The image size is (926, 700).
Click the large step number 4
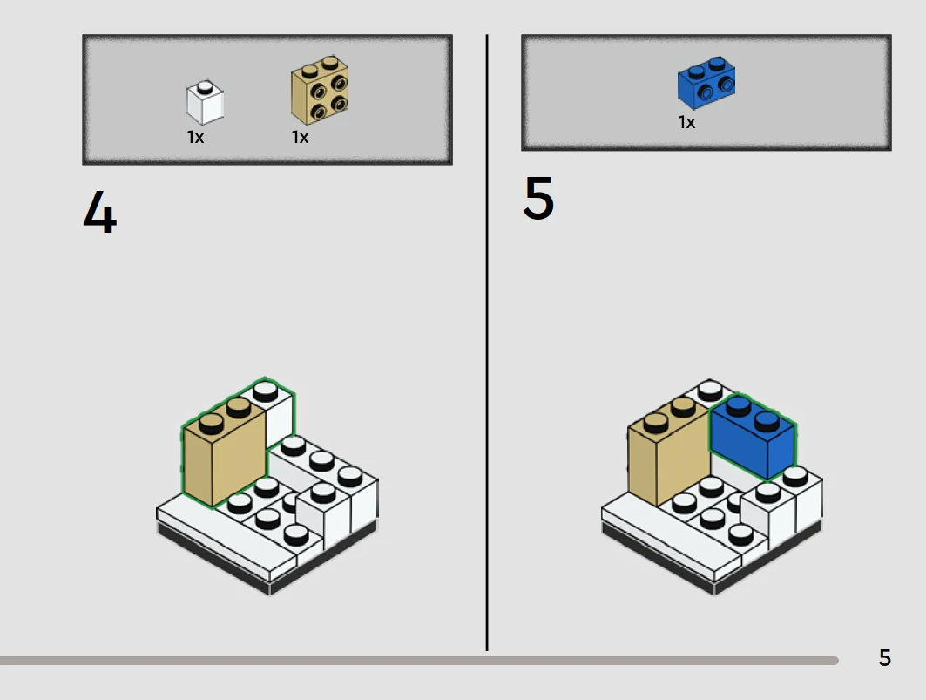coord(100,211)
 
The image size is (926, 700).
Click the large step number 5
coord(538,198)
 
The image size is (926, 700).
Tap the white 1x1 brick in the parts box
coord(205,102)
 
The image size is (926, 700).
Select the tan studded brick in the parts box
coord(320,90)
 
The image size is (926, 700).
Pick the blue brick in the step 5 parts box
coord(706,83)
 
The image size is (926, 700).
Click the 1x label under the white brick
coord(195,137)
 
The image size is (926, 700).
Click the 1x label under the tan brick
coord(300,137)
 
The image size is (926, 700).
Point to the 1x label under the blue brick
coord(686,122)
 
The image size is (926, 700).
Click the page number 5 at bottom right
coord(885,657)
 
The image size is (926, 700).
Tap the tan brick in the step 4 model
coord(223,452)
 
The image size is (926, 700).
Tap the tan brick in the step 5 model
coord(668,452)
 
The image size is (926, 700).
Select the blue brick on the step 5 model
coord(753,438)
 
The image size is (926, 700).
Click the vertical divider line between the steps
coord(487,343)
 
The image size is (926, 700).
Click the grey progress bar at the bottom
coord(419,661)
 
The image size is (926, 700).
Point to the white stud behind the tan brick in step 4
coord(265,391)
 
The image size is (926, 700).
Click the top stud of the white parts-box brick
coord(205,87)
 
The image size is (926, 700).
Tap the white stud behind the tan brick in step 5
coord(710,391)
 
